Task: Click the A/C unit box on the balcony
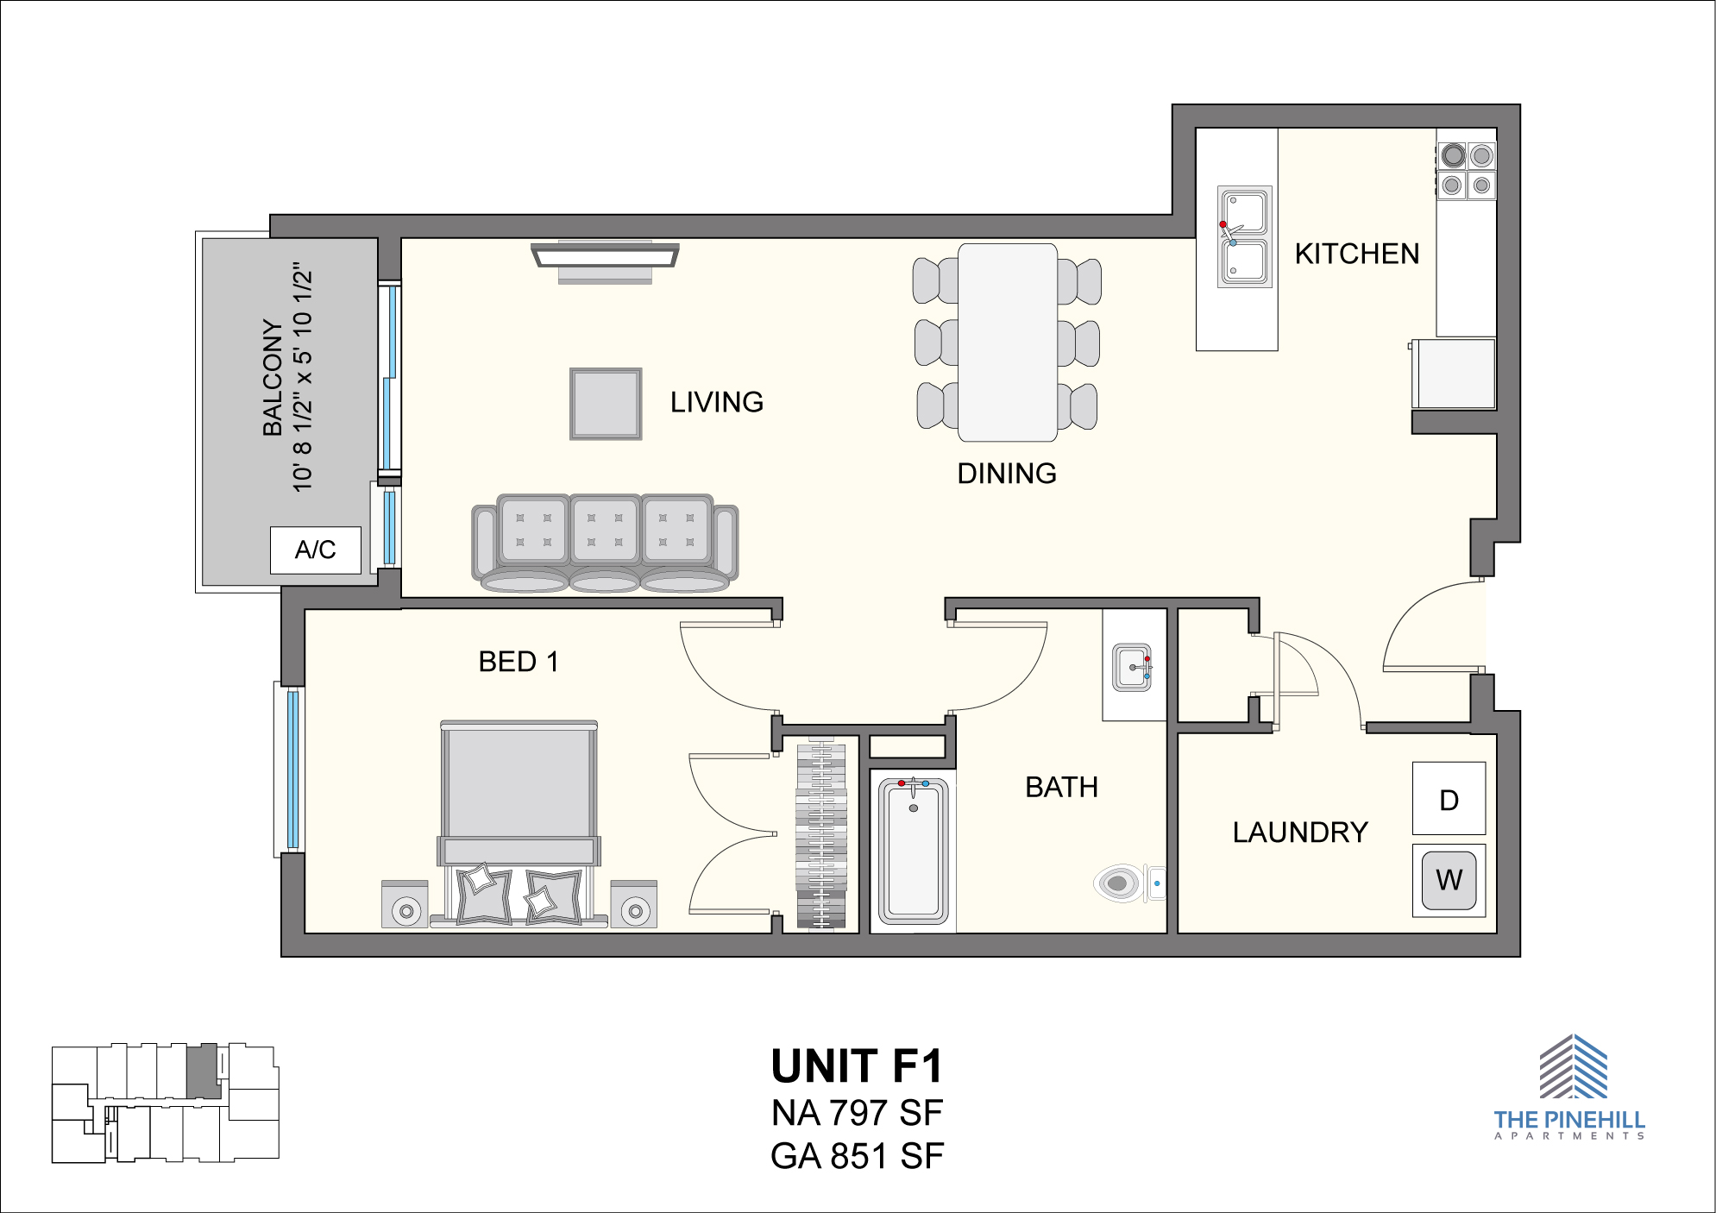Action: (x=315, y=550)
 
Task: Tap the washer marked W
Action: (x=1449, y=880)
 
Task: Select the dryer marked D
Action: (x=1449, y=798)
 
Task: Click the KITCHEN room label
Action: (x=1357, y=254)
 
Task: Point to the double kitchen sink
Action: (x=1244, y=236)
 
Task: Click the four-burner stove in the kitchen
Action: (x=1467, y=171)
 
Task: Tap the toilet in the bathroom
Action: (x=1129, y=883)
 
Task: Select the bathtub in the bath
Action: (x=914, y=851)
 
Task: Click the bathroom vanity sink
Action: (x=1132, y=667)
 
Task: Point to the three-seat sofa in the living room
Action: (x=605, y=543)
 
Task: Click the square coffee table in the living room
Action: (x=606, y=404)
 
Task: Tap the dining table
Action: (x=1008, y=343)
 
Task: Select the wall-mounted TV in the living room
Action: (x=605, y=261)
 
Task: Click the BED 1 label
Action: (x=519, y=662)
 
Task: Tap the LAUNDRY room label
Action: (x=1300, y=833)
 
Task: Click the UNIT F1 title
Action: (x=858, y=1066)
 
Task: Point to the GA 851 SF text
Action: (x=858, y=1157)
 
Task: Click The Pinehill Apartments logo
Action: (x=1570, y=1087)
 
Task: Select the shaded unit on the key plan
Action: (x=204, y=1071)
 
